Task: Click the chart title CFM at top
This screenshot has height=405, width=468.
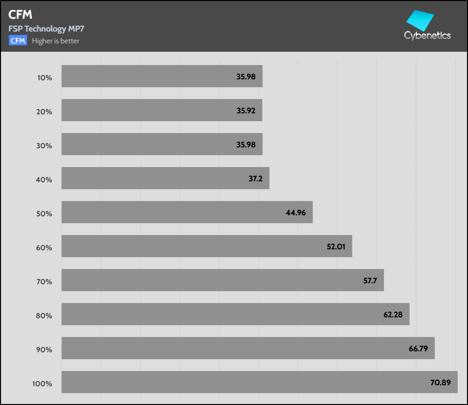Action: click(20, 15)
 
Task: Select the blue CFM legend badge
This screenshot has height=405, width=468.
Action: click(18, 41)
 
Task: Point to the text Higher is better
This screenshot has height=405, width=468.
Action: click(56, 41)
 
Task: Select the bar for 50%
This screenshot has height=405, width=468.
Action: click(187, 212)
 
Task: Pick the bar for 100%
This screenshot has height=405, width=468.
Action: click(259, 382)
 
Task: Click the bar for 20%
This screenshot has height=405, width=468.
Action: click(161, 110)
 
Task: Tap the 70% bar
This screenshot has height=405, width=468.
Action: click(222, 280)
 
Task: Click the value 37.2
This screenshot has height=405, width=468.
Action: click(255, 178)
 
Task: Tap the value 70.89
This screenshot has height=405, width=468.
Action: click(440, 382)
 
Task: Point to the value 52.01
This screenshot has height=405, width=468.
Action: click(336, 246)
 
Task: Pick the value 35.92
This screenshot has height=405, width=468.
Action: click(246, 110)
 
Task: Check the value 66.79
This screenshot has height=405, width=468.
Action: click(418, 348)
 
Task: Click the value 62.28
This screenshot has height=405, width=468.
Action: click(393, 314)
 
